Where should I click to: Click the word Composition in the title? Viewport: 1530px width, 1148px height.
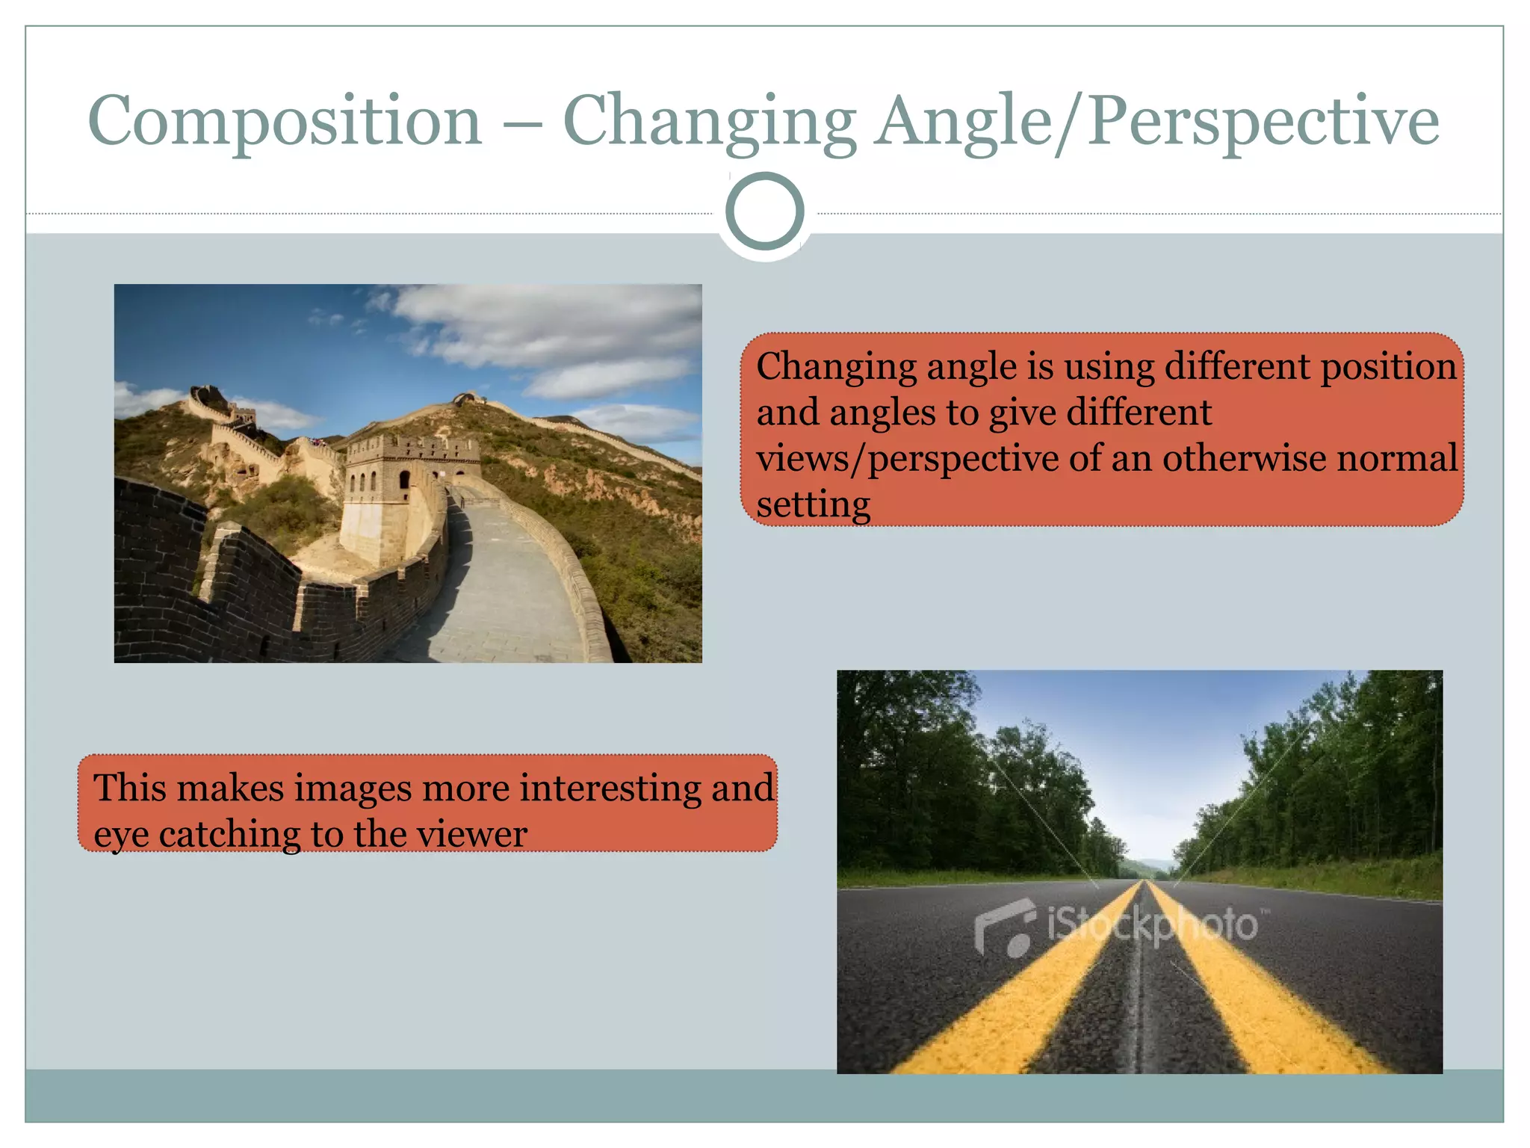point(285,122)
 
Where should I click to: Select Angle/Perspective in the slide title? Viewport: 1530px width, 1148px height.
point(1156,122)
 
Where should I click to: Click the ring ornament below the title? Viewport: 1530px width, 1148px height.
point(764,212)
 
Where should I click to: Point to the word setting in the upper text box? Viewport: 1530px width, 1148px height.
point(813,504)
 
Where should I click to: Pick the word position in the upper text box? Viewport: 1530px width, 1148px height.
point(1387,367)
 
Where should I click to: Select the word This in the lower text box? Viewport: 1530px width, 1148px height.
point(131,788)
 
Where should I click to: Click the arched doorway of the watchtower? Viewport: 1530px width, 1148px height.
point(404,479)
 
